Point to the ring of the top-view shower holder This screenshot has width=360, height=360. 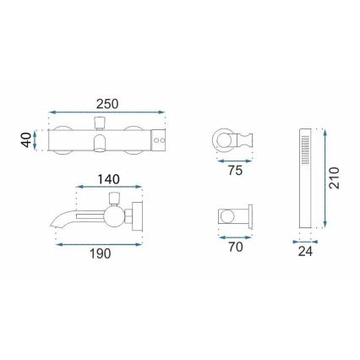click(x=223, y=139)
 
